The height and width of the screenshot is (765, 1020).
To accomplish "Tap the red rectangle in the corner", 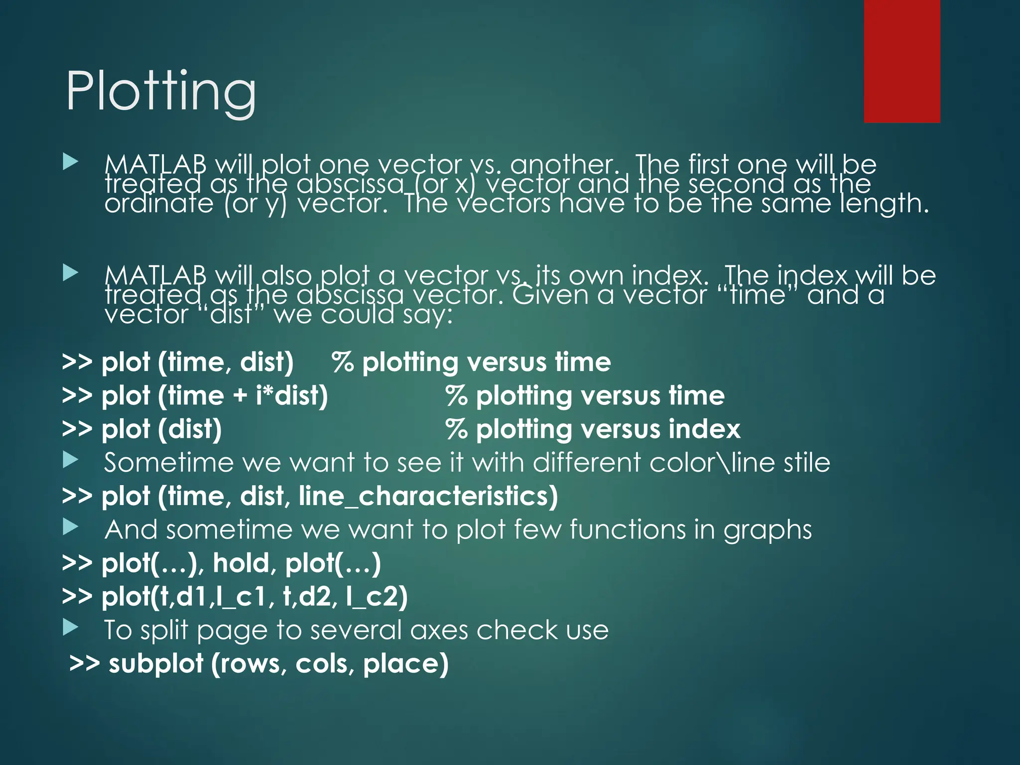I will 901,61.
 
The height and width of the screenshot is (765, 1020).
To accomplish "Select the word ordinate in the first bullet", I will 159,204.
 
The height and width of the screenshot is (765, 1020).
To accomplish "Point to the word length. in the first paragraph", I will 884,204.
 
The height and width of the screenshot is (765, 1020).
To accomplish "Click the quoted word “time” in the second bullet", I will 757,295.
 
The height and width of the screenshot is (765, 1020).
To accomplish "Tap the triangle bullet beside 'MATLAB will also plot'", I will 71,272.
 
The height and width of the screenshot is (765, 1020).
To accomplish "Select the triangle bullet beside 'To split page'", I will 71,628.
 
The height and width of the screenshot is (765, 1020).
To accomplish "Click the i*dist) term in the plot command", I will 292,396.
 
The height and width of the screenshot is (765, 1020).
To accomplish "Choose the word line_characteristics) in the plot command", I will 428,497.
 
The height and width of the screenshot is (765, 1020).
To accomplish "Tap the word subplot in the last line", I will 156,664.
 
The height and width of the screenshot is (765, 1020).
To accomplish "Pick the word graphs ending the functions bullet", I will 767,530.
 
